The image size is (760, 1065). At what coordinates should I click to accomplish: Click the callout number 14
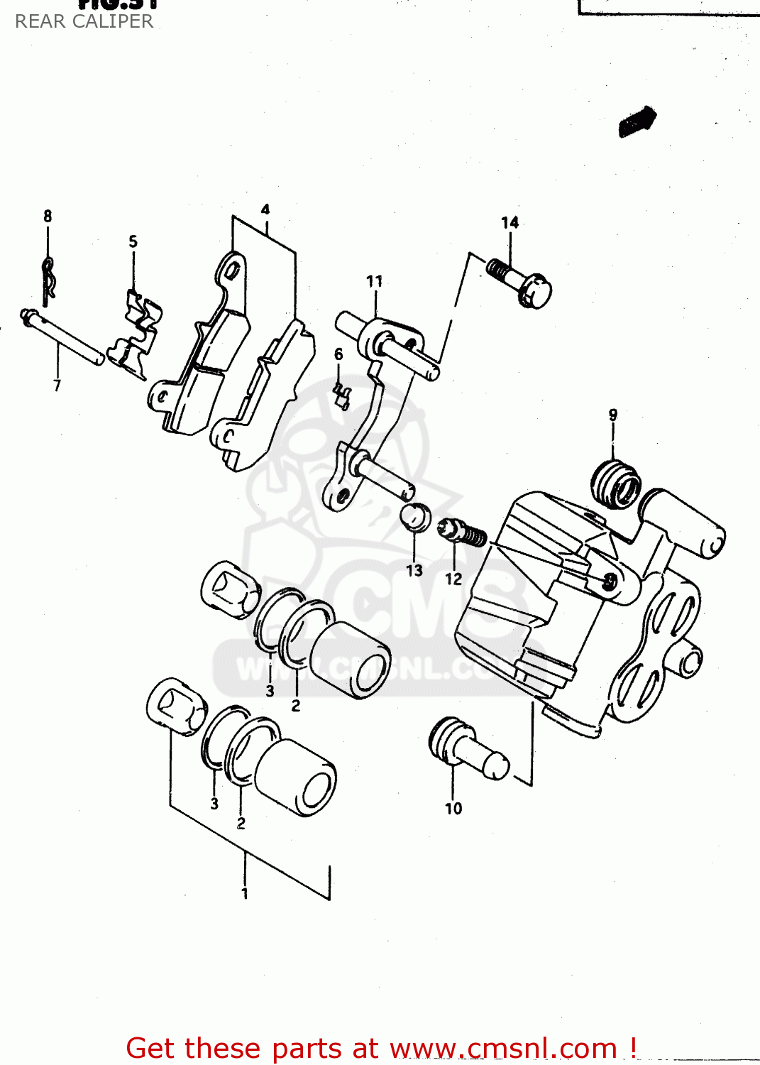pos(510,223)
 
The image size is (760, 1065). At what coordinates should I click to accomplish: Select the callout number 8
pos(48,216)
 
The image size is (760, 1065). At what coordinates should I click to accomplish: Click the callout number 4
pos(265,209)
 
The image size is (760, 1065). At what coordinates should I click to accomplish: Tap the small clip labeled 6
pos(342,395)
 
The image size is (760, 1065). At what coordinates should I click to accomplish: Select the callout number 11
pos(374,281)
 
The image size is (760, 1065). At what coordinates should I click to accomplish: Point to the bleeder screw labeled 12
pos(462,532)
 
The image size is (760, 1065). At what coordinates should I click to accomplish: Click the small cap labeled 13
pos(416,517)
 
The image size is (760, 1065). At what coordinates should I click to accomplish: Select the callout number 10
pos(453,808)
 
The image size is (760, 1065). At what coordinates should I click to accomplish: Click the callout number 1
pos(245,893)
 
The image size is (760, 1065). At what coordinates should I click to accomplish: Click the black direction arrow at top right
pos(637,121)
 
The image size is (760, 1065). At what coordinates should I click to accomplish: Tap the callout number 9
pos(612,415)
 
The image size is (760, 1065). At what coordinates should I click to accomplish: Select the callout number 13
pos(414,570)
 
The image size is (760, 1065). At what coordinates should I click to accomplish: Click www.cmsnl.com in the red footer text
pos(504,1048)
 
